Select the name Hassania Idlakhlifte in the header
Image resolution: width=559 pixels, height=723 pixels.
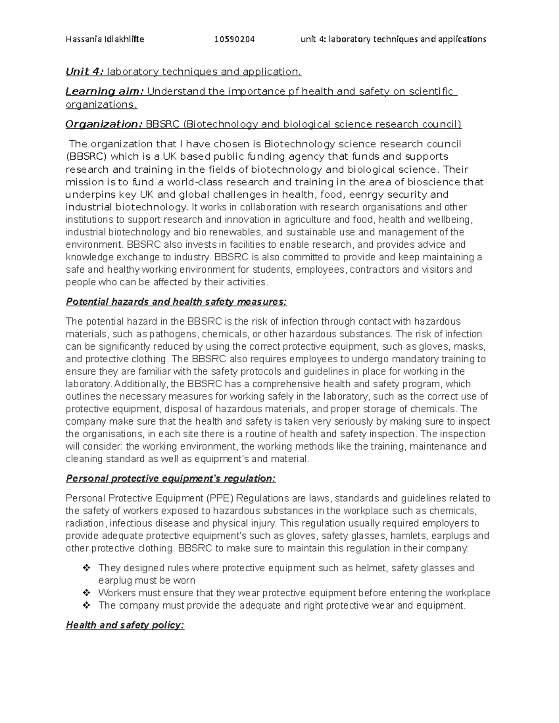pos(105,39)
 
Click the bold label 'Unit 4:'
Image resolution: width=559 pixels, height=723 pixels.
pos(85,72)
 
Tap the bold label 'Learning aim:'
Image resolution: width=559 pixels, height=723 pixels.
pos(105,91)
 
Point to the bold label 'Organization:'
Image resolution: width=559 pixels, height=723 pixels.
pos(104,124)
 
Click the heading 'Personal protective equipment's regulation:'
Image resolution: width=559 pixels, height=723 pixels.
pos(170,479)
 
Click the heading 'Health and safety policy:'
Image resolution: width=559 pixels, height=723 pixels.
pos(125,625)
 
